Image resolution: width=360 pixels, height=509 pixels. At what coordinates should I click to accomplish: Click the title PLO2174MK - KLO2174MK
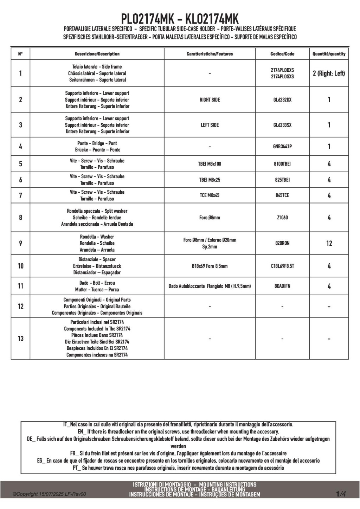pyautogui.click(x=180, y=18)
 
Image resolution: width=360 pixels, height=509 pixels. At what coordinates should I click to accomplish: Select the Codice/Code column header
pyautogui.click(x=282, y=54)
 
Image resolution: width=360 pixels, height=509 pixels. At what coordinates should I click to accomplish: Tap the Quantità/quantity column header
pyautogui.click(x=329, y=54)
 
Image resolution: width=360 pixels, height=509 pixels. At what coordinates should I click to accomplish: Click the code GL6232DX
pyautogui.click(x=282, y=100)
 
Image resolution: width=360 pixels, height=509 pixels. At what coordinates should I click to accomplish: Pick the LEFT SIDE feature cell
pyautogui.click(x=210, y=125)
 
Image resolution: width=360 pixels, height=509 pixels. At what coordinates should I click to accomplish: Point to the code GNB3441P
pyautogui.click(x=282, y=147)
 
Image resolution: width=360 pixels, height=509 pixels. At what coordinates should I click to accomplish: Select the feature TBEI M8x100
pyautogui.click(x=210, y=164)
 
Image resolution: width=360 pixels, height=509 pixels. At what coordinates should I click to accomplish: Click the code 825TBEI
pyautogui.click(x=282, y=180)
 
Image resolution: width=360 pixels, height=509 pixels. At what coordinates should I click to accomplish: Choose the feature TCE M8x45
pyautogui.click(x=210, y=195)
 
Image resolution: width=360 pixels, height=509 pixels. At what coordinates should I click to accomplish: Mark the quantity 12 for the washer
pyautogui.click(x=329, y=243)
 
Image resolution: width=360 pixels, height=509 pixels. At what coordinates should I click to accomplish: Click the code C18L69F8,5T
pyautogui.click(x=282, y=266)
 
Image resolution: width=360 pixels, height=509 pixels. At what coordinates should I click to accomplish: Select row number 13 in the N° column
pyautogui.click(x=20, y=339)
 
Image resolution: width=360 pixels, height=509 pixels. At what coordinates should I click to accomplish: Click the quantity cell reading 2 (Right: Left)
pyautogui.click(x=329, y=73)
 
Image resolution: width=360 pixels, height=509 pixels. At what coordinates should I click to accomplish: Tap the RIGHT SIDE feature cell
pyautogui.click(x=210, y=100)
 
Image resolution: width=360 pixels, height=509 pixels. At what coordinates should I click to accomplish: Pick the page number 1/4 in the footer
pyautogui.click(x=341, y=494)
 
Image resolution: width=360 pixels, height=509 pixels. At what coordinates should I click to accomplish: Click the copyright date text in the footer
pyautogui.click(x=49, y=494)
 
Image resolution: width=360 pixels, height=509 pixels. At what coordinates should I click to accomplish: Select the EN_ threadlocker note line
pyautogui.click(x=178, y=432)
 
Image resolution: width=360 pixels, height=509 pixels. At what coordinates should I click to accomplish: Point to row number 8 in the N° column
pyautogui.click(x=20, y=218)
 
